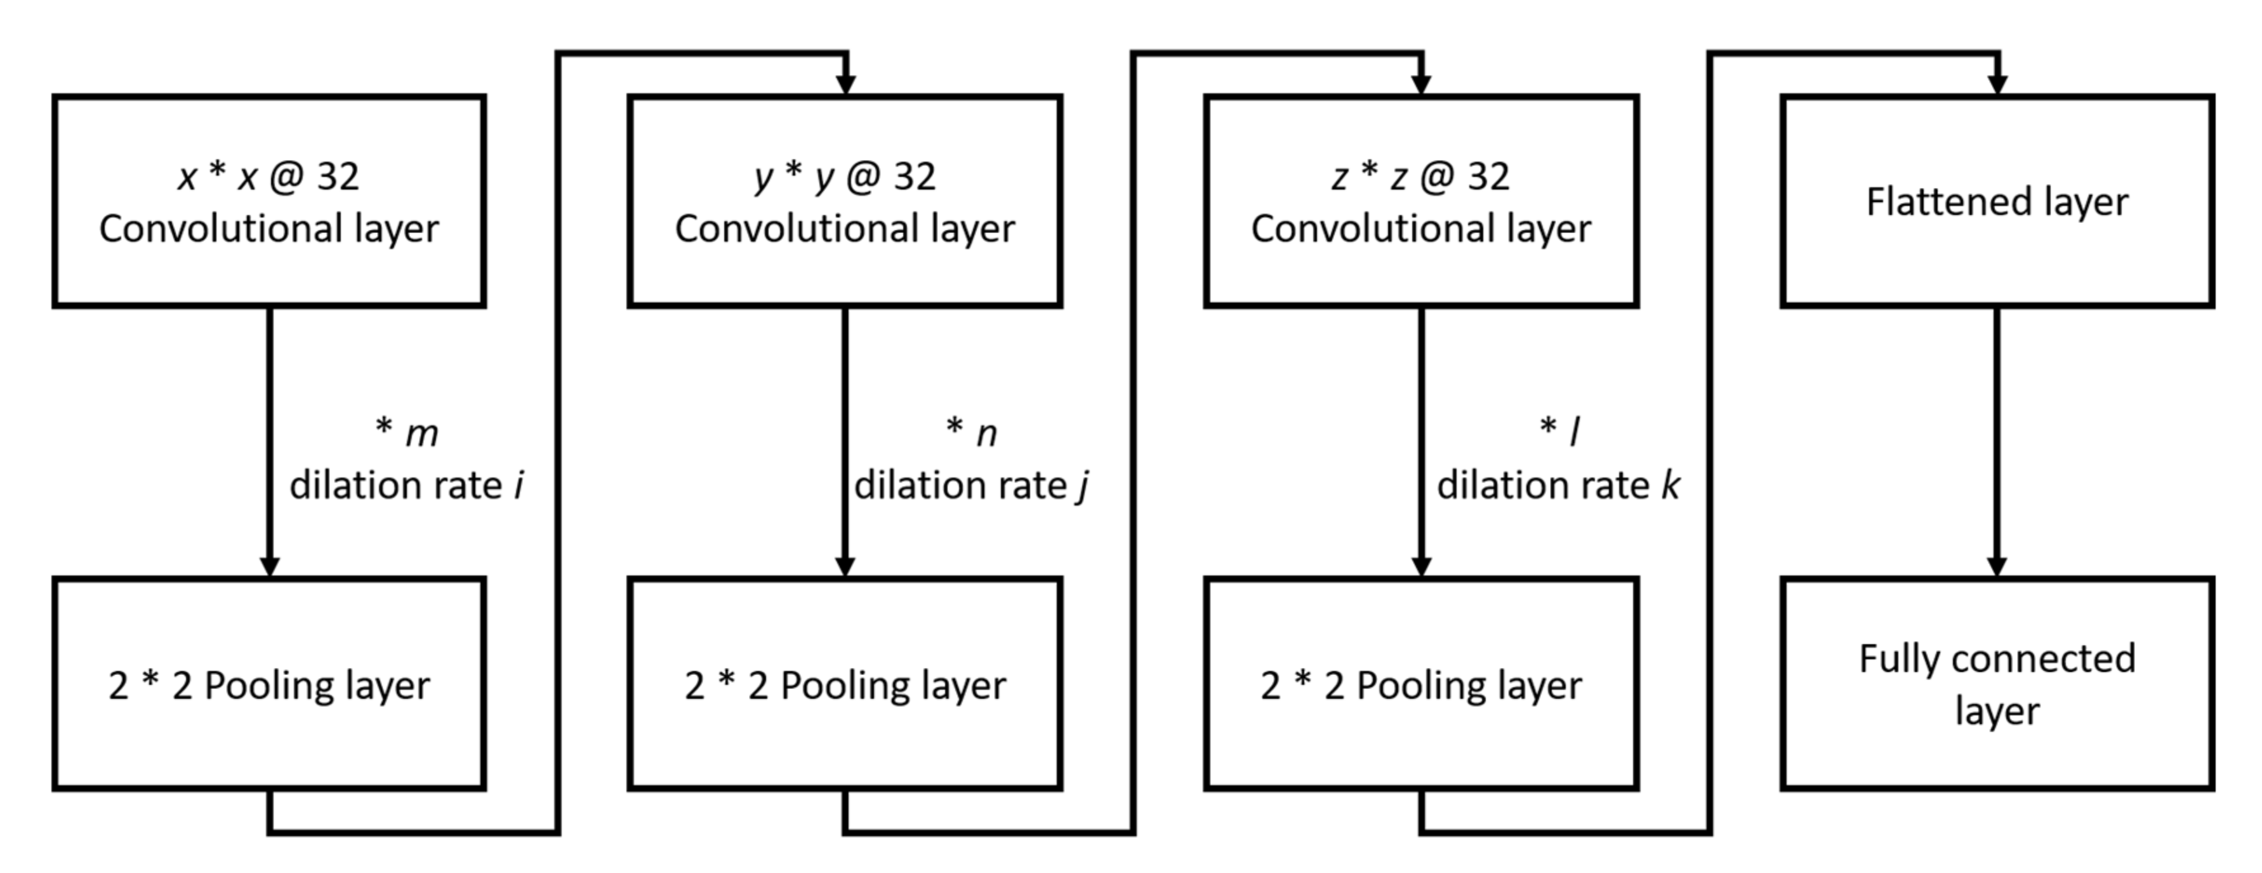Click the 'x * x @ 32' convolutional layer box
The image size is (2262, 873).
coord(268,201)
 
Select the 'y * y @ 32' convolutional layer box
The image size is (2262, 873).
coord(845,201)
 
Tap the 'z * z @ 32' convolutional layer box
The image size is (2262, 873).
coord(1421,201)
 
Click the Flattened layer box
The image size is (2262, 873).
coord(1997,201)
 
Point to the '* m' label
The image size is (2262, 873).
coord(407,432)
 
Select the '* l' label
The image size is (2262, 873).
coord(1559,430)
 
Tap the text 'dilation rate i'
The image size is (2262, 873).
coord(407,486)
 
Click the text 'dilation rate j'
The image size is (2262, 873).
coord(971,486)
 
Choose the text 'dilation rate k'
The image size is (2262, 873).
coord(1558,486)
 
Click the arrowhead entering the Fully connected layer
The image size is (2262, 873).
coord(1997,566)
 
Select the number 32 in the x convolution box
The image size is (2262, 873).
coord(338,177)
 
